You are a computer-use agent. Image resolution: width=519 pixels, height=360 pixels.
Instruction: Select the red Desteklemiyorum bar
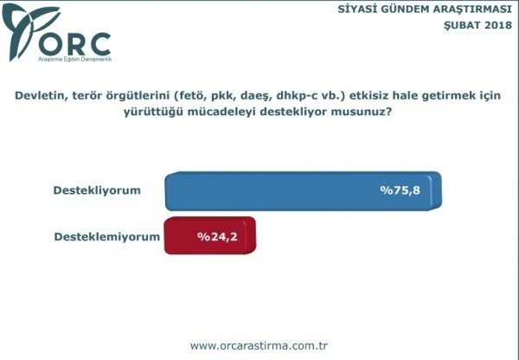tap(209, 235)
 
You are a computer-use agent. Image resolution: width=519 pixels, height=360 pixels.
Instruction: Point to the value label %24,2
tap(216, 235)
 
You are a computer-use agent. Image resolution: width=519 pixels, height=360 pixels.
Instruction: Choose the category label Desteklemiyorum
tap(107, 235)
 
